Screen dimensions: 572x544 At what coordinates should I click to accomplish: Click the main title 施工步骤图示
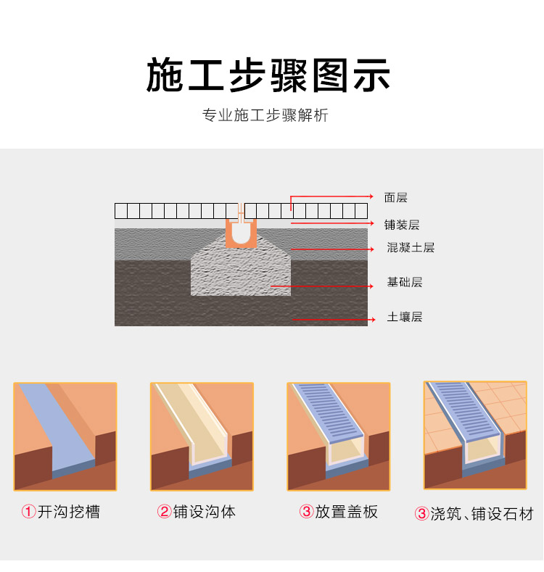click(268, 75)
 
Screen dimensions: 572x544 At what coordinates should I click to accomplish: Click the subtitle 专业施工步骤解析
click(265, 115)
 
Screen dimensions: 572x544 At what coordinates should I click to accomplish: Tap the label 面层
click(396, 197)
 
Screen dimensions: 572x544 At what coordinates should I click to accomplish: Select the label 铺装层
click(402, 225)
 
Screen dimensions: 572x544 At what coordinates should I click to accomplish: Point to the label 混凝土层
click(411, 248)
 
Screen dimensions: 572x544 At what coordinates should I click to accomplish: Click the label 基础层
click(405, 282)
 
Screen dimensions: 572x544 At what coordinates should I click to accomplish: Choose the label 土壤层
click(405, 317)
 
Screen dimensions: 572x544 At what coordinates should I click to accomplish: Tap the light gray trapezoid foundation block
click(240, 272)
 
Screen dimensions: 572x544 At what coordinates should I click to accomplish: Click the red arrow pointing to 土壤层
click(334, 318)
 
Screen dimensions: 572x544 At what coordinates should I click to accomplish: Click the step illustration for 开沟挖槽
click(65, 436)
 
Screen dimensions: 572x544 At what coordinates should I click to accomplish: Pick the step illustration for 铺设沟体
click(202, 436)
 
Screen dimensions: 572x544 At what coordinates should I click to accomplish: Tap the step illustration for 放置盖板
click(339, 436)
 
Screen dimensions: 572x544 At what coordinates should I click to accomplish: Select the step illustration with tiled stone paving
click(475, 435)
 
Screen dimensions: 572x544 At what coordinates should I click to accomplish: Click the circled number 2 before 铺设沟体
click(165, 512)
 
